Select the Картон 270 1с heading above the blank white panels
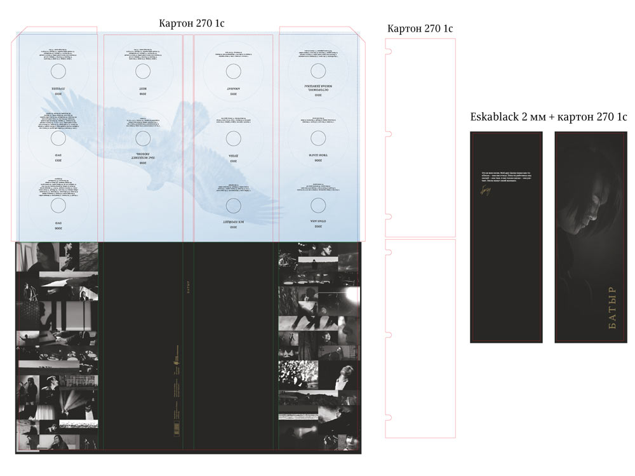click(420, 28)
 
